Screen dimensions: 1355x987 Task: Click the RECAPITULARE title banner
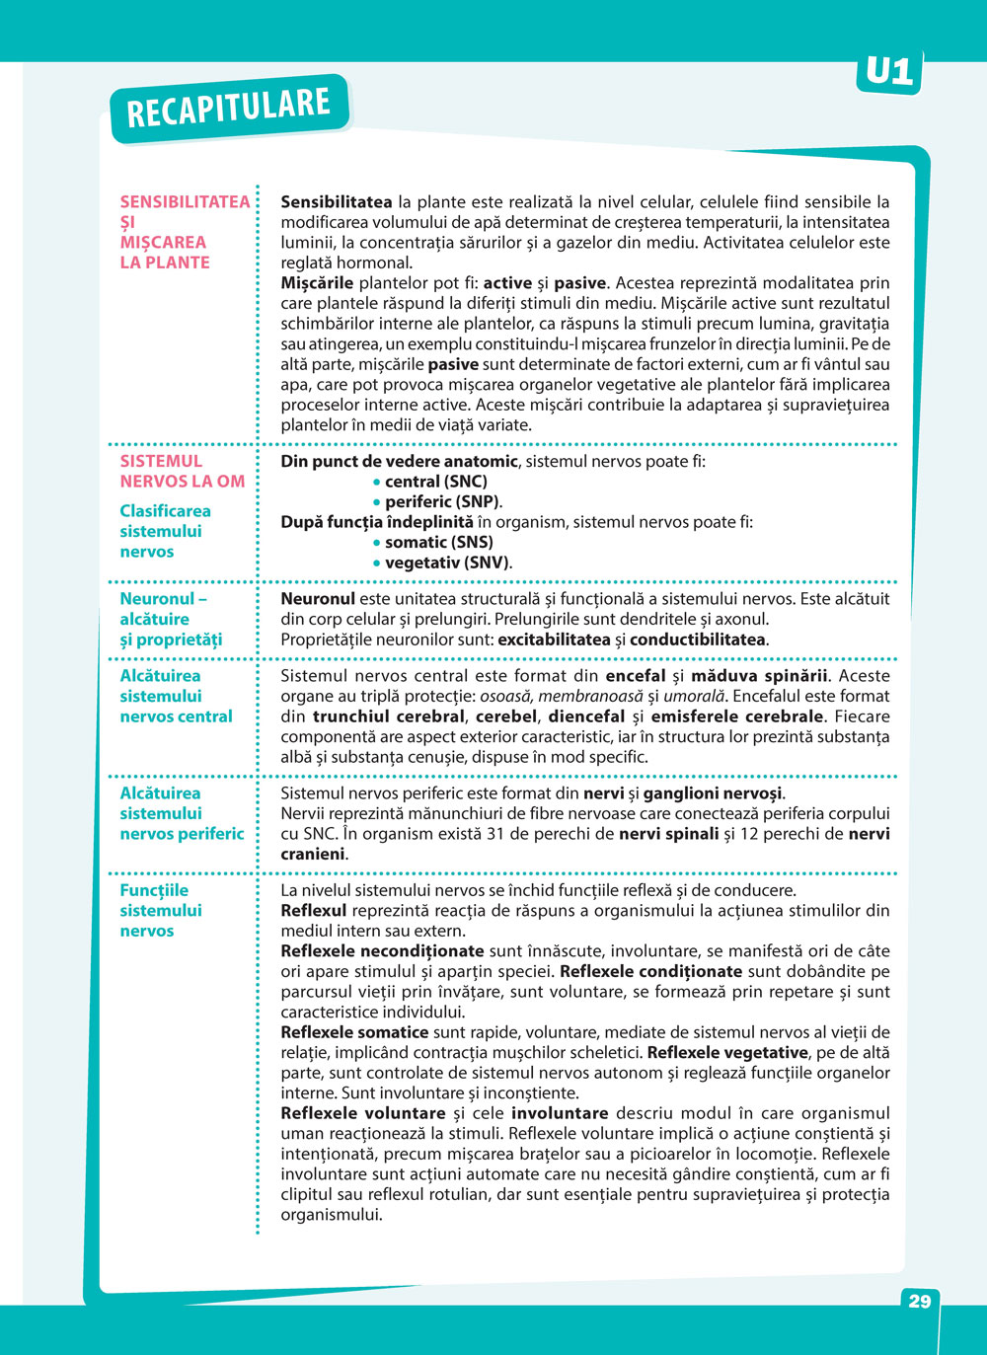228,108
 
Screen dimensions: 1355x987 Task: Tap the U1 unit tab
888,71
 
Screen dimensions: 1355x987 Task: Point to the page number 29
919,1301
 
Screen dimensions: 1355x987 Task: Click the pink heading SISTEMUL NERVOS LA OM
182,471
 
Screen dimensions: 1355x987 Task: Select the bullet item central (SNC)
435,482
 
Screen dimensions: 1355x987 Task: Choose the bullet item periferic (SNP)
441,501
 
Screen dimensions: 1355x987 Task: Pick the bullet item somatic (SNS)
438,542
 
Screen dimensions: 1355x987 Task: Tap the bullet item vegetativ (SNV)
447,563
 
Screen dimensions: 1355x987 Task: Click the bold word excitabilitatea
554,640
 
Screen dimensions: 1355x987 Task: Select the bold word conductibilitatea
697,640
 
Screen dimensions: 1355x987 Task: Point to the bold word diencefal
586,716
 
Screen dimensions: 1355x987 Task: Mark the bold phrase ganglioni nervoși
713,793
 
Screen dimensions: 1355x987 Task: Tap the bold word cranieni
313,854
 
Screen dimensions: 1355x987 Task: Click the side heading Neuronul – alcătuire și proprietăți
171,619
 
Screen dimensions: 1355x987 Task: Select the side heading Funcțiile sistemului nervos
160,910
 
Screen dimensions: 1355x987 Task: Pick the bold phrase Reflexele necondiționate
382,951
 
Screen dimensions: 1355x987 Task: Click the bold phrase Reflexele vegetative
727,1053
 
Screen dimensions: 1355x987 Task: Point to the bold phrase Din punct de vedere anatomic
399,461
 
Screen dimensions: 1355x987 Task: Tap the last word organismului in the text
331,1215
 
